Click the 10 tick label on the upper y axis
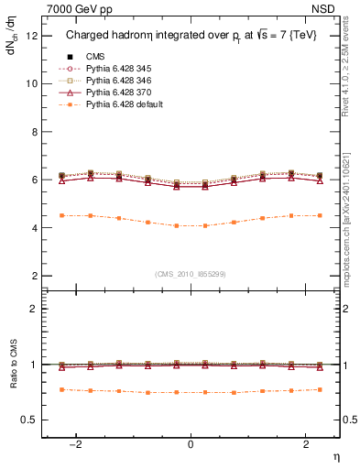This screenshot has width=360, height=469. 31,83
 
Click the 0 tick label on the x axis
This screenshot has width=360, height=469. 191,443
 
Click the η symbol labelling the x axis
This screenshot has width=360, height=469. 334,455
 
